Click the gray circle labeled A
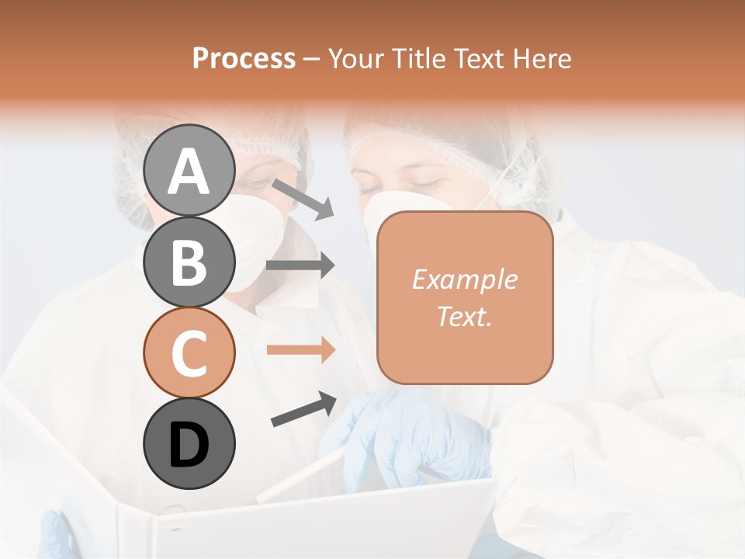point(189,170)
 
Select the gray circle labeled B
point(189,262)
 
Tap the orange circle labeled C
point(189,352)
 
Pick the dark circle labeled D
point(189,443)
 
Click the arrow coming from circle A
point(303,199)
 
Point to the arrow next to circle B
point(300,266)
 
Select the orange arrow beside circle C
point(300,350)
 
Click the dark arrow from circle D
point(303,409)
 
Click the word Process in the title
point(244,59)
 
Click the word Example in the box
point(464,280)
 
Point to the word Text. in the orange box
point(464,316)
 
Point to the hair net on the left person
point(147,155)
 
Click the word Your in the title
point(358,59)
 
